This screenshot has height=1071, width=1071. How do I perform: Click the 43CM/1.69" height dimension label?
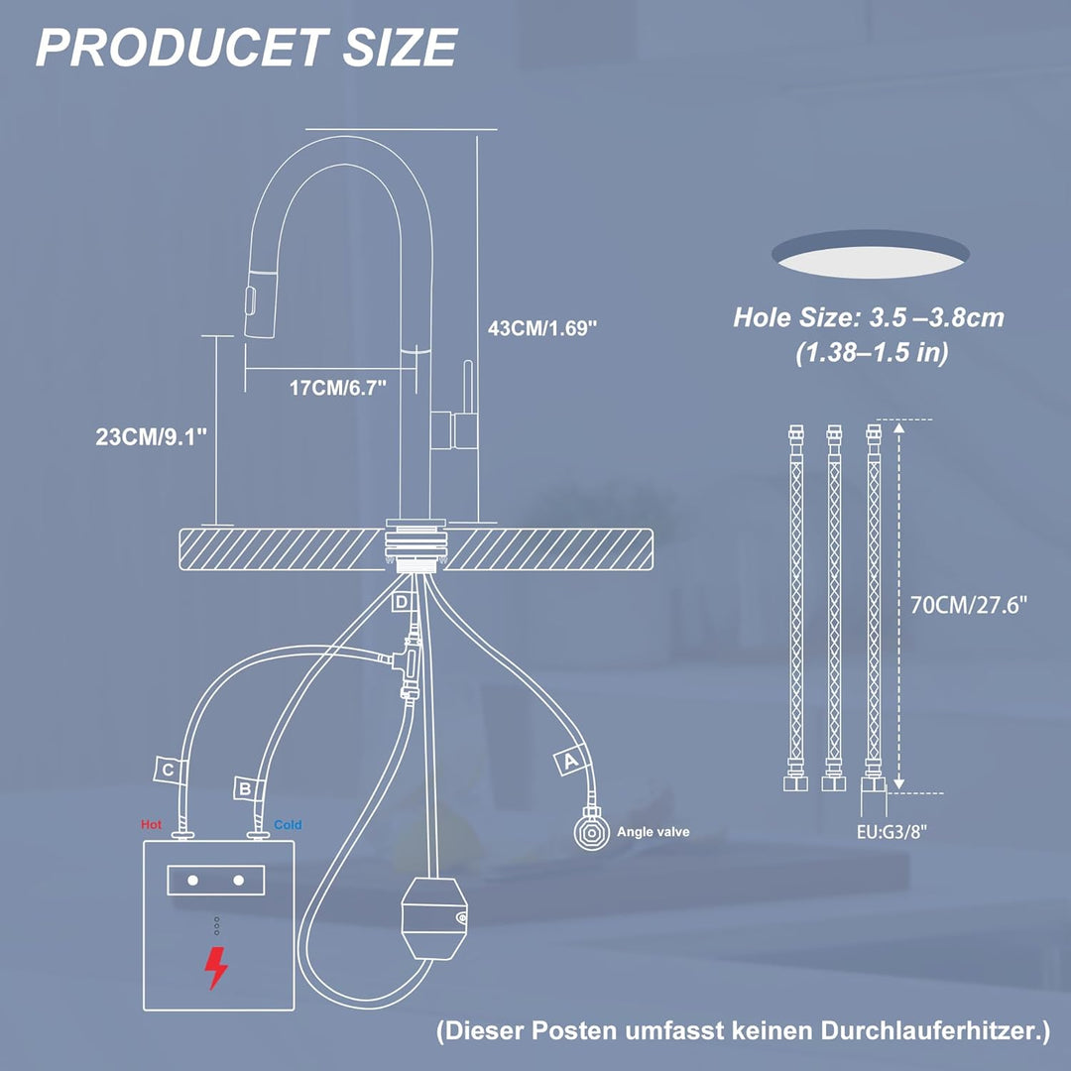click(x=542, y=328)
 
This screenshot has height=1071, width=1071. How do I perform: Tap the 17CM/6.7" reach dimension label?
click(x=338, y=388)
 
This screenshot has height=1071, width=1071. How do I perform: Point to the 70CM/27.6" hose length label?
click(x=969, y=605)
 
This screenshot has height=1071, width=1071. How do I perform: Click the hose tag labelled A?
click(x=569, y=761)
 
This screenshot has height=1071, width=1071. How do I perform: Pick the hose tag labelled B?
click(x=244, y=789)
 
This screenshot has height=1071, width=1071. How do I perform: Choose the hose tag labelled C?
click(x=168, y=771)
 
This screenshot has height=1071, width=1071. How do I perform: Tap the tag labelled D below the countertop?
click(x=403, y=602)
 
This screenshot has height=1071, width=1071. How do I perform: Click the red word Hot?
click(x=151, y=824)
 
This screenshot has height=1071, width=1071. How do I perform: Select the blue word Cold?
click(x=288, y=824)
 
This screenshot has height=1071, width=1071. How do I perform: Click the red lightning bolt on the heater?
click(x=216, y=967)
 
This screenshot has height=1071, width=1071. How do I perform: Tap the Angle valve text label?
click(x=653, y=832)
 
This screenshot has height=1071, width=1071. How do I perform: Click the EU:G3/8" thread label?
click(x=892, y=831)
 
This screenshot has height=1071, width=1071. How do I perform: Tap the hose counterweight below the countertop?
click(x=433, y=918)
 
